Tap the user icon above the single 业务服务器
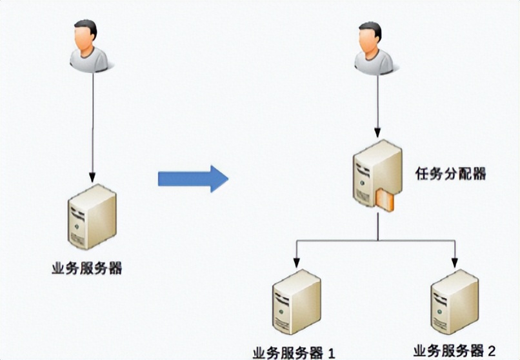(89, 45)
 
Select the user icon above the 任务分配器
(373, 48)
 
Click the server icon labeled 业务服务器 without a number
(92, 215)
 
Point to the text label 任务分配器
(450, 174)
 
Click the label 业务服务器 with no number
(86, 268)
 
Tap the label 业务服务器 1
(294, 352)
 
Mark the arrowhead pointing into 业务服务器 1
(296, 263)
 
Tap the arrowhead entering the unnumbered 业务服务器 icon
(93, 177)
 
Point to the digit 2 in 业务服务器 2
(492, 351)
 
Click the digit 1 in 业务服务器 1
(332, 352)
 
